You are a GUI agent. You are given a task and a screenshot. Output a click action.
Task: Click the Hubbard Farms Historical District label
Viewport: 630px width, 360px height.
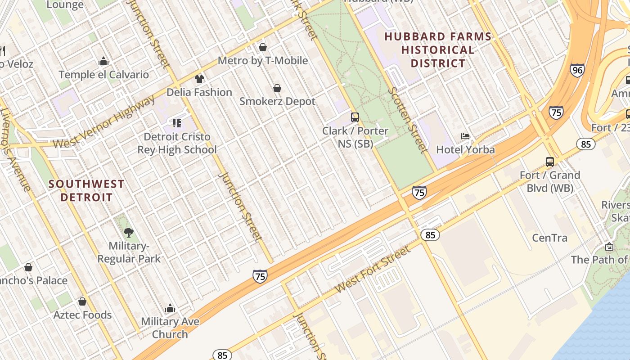[437, 50]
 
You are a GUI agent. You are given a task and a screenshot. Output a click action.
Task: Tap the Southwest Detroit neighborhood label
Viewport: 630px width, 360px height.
[86, 191]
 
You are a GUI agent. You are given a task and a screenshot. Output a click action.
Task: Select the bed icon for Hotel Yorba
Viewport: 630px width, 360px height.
[465, 136]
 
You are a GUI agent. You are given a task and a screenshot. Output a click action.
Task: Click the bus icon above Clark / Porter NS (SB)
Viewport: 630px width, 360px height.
[355, 117]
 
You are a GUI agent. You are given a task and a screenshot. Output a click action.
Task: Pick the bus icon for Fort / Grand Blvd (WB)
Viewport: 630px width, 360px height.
[549, 162]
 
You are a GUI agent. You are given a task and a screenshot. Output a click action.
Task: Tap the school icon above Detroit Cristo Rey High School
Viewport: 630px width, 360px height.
[177, 123]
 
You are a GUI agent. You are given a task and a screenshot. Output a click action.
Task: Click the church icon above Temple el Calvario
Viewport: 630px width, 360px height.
[103, 61]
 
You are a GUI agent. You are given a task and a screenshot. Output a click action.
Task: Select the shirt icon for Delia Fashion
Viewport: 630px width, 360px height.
[199, 79]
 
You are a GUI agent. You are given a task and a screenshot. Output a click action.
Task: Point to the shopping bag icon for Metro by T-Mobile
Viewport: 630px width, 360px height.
[263, 47]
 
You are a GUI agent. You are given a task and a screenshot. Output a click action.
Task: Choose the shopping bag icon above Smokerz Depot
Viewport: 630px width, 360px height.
[277, 88]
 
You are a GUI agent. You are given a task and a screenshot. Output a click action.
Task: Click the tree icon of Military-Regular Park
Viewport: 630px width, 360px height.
[129, 233]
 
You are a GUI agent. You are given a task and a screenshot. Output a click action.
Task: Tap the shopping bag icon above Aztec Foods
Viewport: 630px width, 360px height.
[82, 301]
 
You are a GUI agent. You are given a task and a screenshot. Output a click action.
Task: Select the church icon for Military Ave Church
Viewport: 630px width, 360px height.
[170, 308]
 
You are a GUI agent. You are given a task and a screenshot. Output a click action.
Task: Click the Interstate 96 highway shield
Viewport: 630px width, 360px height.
[577, 70]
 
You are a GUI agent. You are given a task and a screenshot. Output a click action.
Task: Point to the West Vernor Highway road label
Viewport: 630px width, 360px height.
[103, 122]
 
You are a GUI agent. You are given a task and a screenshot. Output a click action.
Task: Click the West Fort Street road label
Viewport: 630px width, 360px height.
[373, 269]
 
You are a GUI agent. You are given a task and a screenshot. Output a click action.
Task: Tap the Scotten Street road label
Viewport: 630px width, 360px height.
[406, 119]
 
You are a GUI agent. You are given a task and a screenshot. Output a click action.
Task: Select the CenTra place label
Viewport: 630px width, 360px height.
[549, 238]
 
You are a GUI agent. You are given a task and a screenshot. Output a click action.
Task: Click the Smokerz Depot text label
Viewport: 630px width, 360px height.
[277, 101]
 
